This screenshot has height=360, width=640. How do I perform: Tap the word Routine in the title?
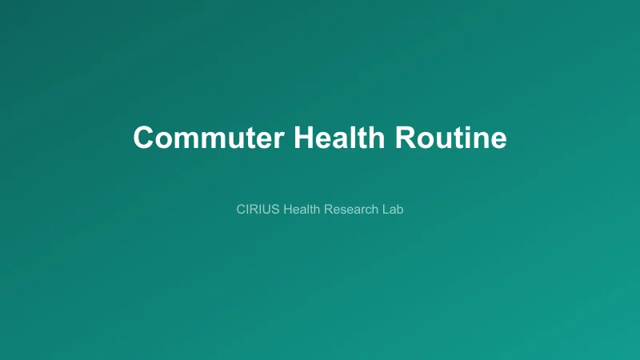pos(450,138)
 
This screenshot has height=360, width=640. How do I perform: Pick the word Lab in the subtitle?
pos(393,210)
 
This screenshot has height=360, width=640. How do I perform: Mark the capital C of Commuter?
pos(144,138)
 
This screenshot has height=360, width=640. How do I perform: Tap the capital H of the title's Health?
pos(304,138)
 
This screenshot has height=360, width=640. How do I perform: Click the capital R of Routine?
pos(405,138)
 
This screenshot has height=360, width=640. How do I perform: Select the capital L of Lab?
pos(386,210)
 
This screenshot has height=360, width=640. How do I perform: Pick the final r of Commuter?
pos(278,139)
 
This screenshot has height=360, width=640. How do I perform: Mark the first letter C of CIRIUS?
pos(242,210)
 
